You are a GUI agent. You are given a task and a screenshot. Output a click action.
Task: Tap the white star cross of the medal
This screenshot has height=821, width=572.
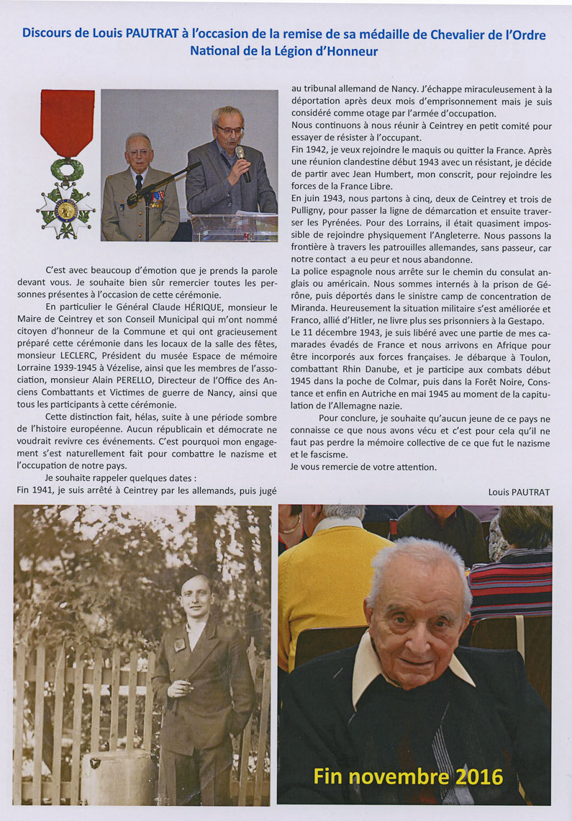pyautogui.click(x=66, y=210)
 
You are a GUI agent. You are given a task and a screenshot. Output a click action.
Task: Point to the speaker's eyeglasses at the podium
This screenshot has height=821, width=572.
pyautogui.click(x=231, y=130)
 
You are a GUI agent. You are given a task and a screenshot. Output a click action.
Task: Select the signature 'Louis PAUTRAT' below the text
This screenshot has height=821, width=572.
pyautogui.click(x=518, y=492)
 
